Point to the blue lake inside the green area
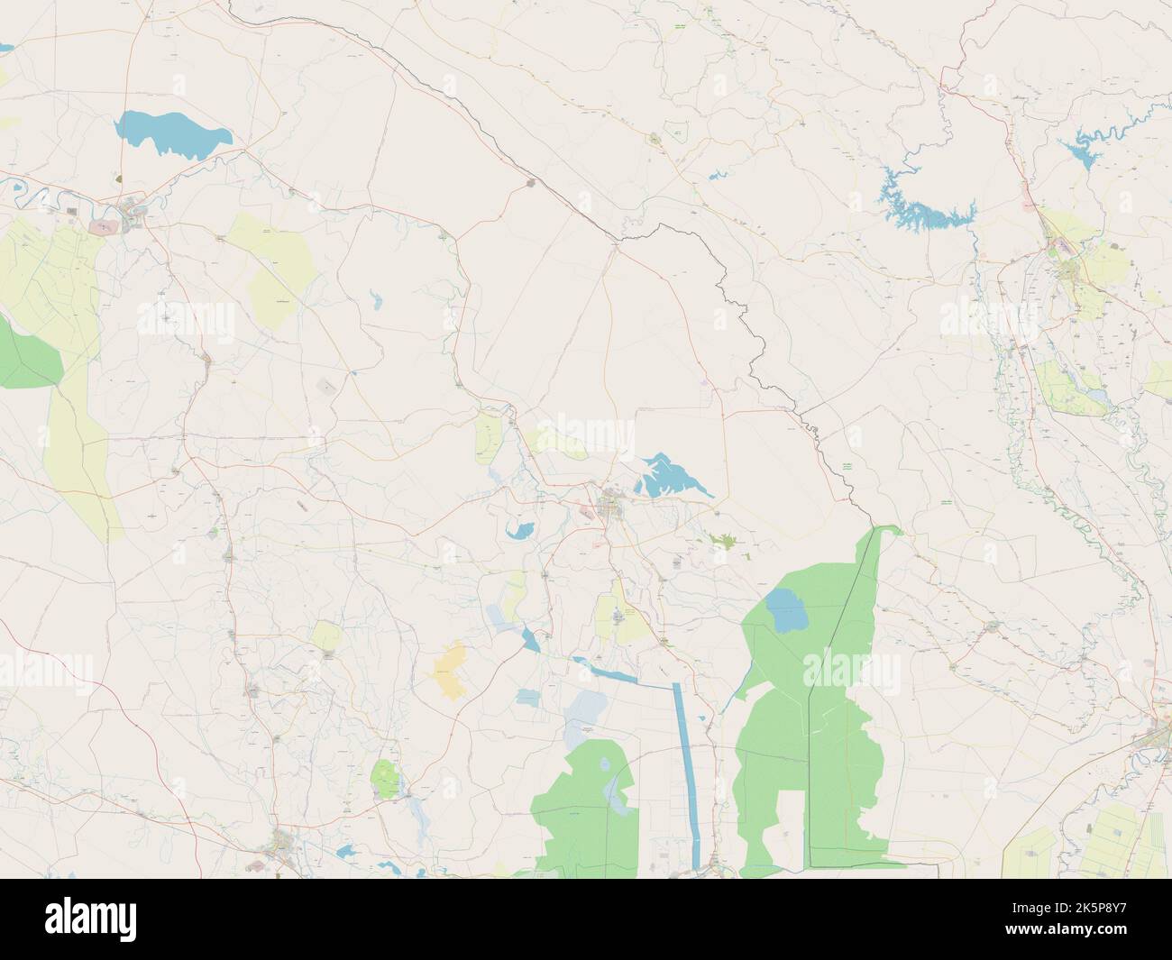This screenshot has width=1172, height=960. tap(787, 611)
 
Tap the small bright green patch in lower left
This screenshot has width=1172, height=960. tap(385, 777)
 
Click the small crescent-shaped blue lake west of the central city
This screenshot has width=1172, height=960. tap(519, 529)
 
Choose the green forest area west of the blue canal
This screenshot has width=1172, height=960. tap(587, 811)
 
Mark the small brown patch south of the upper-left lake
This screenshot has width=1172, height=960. tap(120, 179)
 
